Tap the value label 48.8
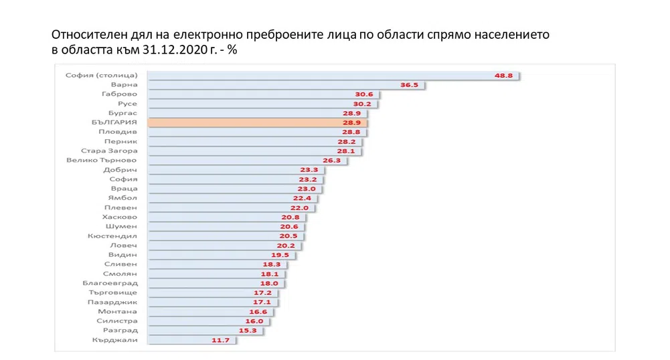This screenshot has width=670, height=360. (503, 76)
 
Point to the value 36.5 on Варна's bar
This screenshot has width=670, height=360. (409, 85)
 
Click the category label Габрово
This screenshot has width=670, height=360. (121, 94)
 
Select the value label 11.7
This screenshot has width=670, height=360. (220, 340)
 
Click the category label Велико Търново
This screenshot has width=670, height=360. (102, 161)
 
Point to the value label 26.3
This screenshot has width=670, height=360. (331, 161)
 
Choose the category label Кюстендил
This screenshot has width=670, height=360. (112, 236)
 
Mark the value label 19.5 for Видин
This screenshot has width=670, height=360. (280, 255)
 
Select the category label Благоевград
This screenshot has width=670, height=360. (110, 283)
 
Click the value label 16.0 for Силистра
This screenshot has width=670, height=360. (256, 321)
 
